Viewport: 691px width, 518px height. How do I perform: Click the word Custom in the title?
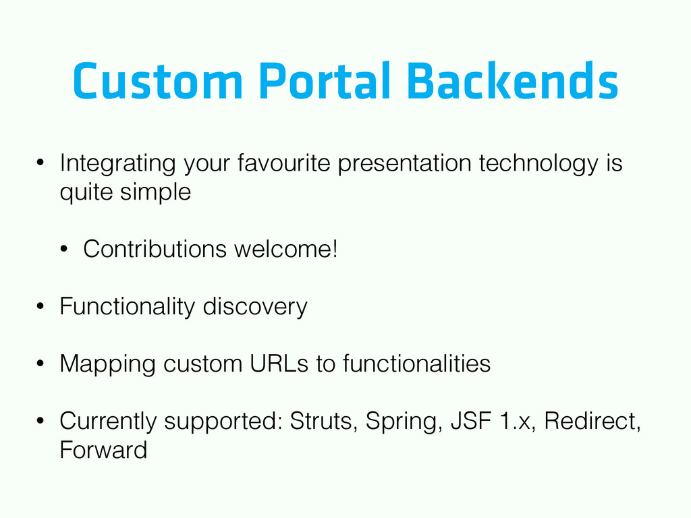(158, 81)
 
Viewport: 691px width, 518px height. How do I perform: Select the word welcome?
(286, 249)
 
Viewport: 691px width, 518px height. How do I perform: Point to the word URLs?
(279, 364)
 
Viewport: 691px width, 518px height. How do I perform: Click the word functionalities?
(416, 364)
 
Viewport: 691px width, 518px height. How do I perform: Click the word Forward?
(103, 450)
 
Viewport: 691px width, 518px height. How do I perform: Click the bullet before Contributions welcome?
(64, 250)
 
